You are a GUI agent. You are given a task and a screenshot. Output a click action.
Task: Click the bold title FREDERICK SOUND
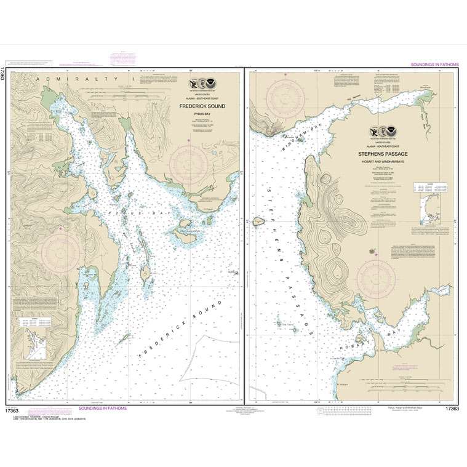click(202, 106)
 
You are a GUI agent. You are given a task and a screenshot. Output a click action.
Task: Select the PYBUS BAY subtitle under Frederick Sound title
click(202, 113)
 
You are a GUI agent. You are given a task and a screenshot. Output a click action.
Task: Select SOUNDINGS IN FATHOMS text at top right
click(434, 64)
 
